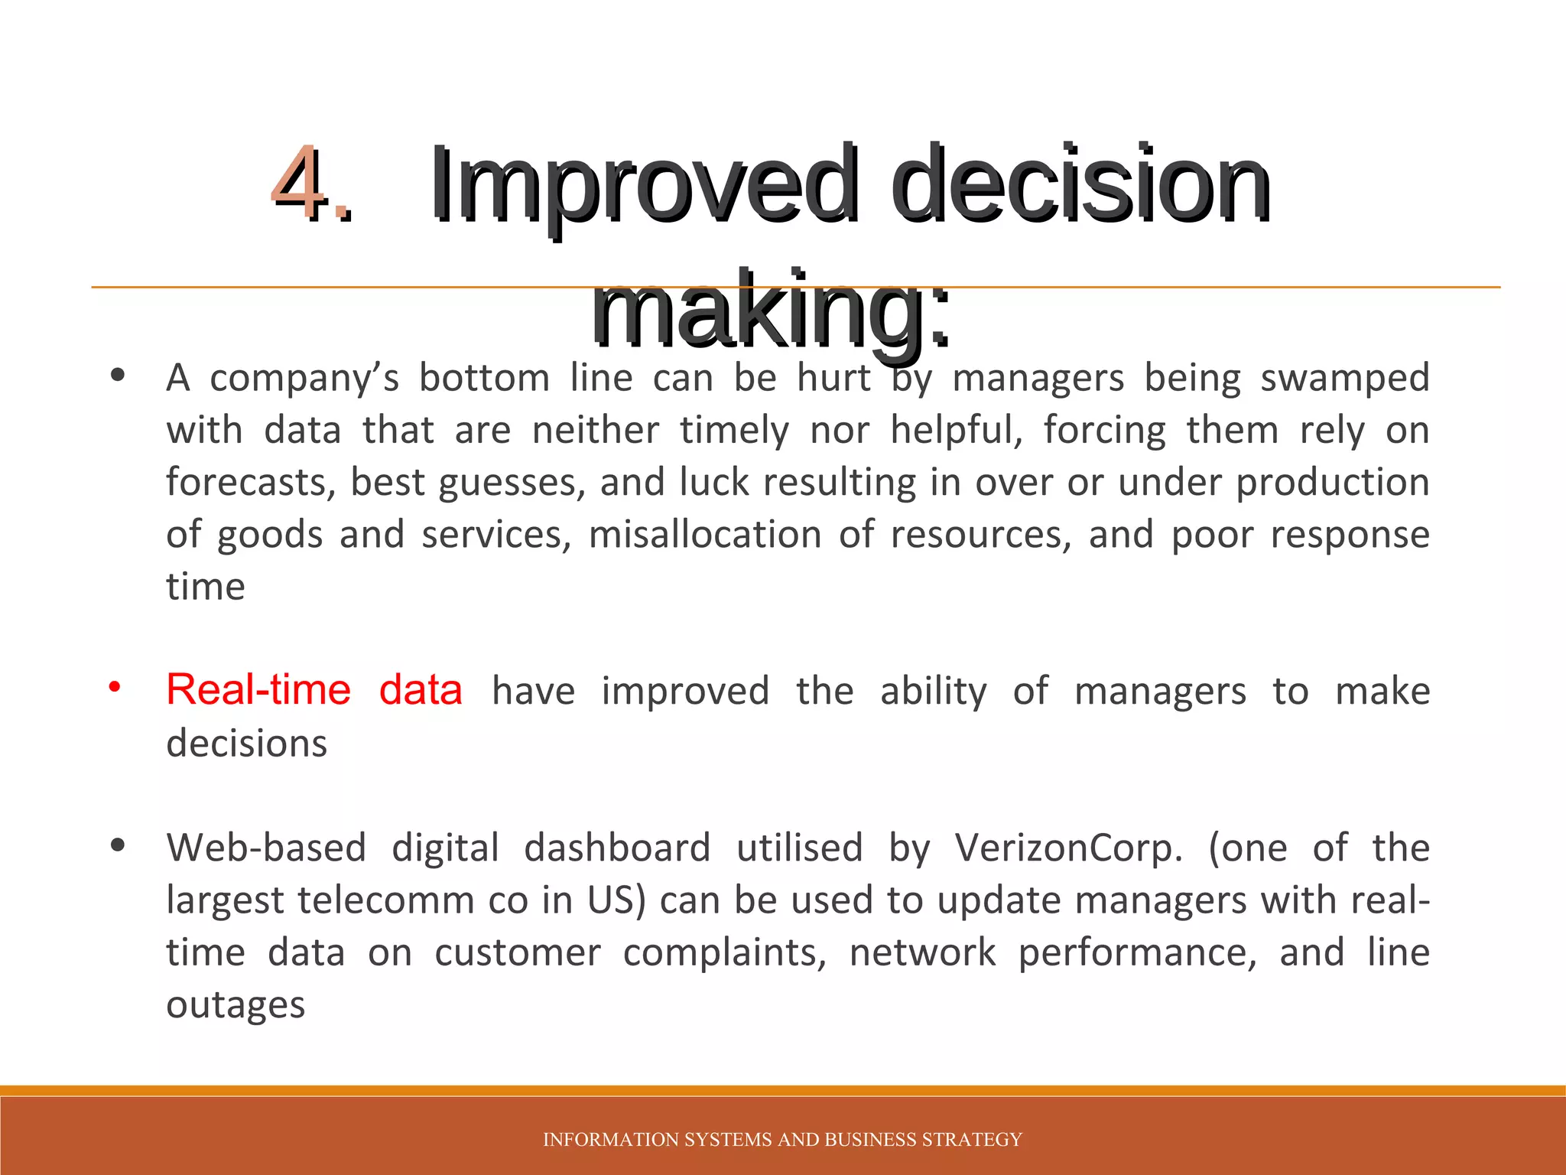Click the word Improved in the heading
[642, 187]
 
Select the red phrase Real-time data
[314, 690]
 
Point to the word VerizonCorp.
[1068, 848]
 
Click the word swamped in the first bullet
[1344, 378]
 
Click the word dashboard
[617, 848]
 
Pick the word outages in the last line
[236, 1004]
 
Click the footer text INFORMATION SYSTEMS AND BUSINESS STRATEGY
[782, 1140]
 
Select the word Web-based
[266, 848]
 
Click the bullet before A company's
[117, 376]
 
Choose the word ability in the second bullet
[933, 692]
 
